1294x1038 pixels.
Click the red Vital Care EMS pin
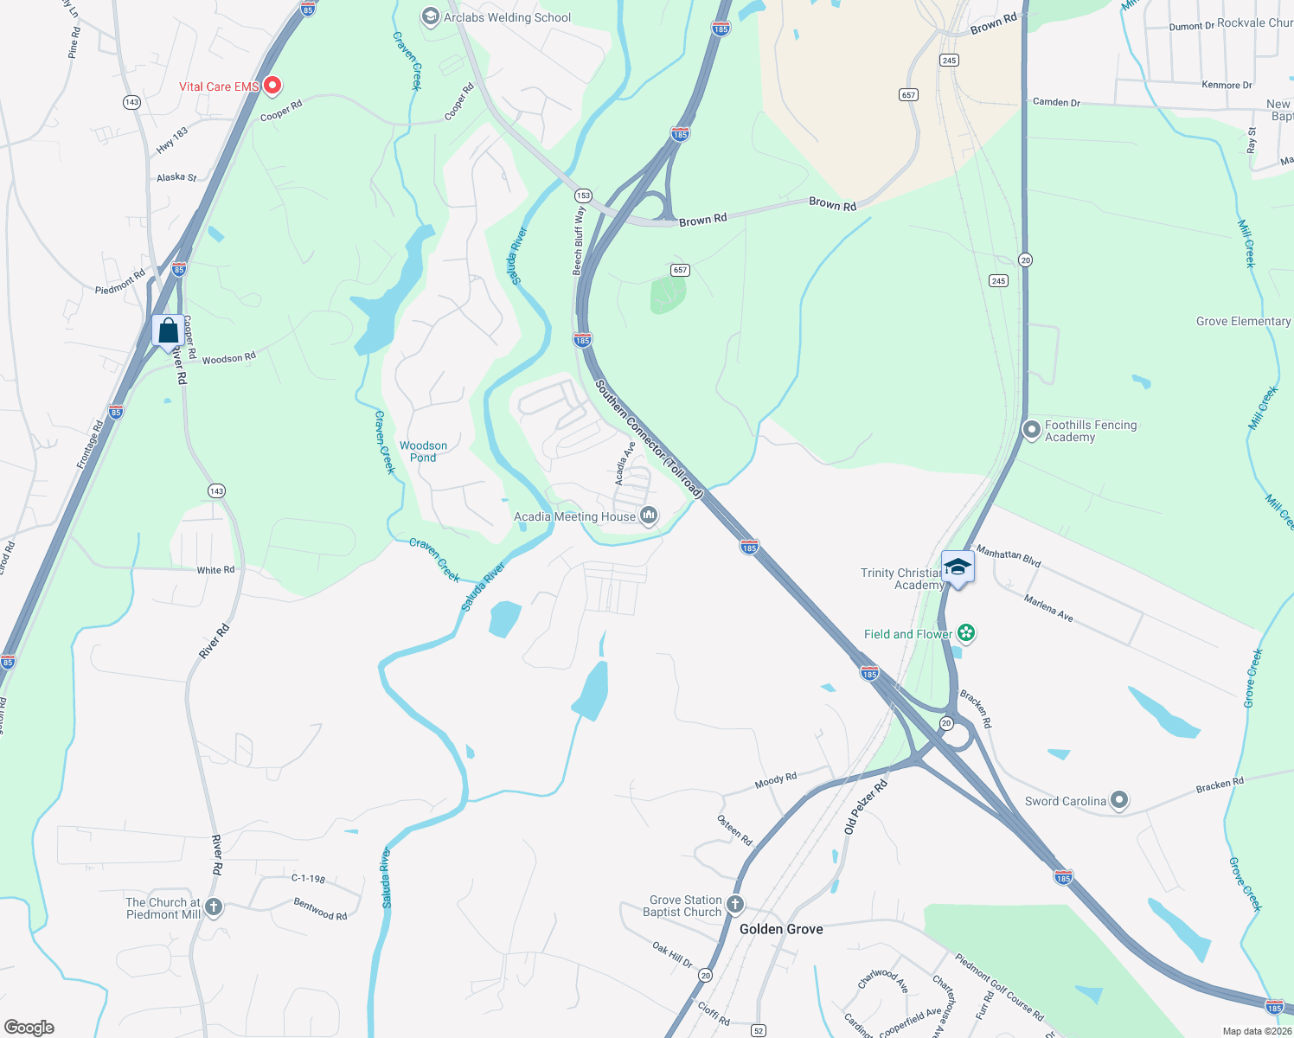[272, 85]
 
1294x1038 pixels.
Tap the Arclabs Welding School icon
[430, 17]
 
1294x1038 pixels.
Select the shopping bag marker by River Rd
[168, 331]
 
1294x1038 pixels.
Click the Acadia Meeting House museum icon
[648, 516]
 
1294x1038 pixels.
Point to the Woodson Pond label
[423, 452]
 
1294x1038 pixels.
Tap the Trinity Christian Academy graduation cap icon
[957, 567]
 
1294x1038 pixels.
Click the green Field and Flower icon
[966, 634]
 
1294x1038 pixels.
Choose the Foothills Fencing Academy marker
[1031, 429]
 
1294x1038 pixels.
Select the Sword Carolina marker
[1119, 801]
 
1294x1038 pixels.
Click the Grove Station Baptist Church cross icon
[734, 905]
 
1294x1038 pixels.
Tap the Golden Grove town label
[781, 929]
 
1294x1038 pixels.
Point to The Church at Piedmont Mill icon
[214, 907]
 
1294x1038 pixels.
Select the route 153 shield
[583, 195]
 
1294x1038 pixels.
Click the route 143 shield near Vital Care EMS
[131, 102]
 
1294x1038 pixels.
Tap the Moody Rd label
[775, 780]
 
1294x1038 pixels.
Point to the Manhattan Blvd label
[1008, 555]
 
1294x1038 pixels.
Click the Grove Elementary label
[1243, 321]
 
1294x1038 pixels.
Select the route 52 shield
[759, 1030]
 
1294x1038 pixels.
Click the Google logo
[29, 1027]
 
